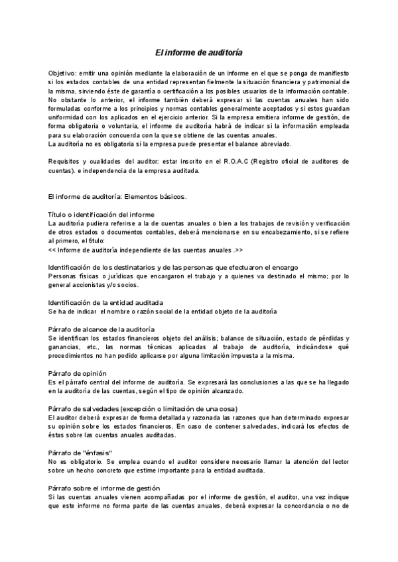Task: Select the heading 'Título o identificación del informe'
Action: (x=101, y=214)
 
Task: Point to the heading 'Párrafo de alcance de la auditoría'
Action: (x=101, y=329)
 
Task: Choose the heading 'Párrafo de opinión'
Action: (x=76, y=373)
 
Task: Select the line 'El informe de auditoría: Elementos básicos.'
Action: (x=118, y=197)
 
